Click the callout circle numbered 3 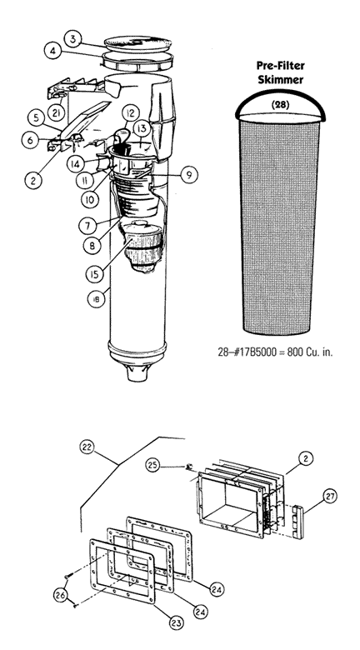(x=73, y=39)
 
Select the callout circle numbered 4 (x=53, y=52)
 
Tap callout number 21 (x=56, y=112)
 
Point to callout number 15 (x=94, y=274)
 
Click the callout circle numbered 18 (x=96, y=299)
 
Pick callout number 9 (x=188, y=175)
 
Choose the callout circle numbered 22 (x=88, y=447)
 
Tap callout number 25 (x=153, y=466)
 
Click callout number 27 (x=329, y=496)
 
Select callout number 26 (x=62, y=595)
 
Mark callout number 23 (x=177, y=622)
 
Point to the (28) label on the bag (x=280, y=105)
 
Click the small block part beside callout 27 (x=298, y=522)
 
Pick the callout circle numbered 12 (x=130, y=112)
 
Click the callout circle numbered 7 (x=88, y=226)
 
